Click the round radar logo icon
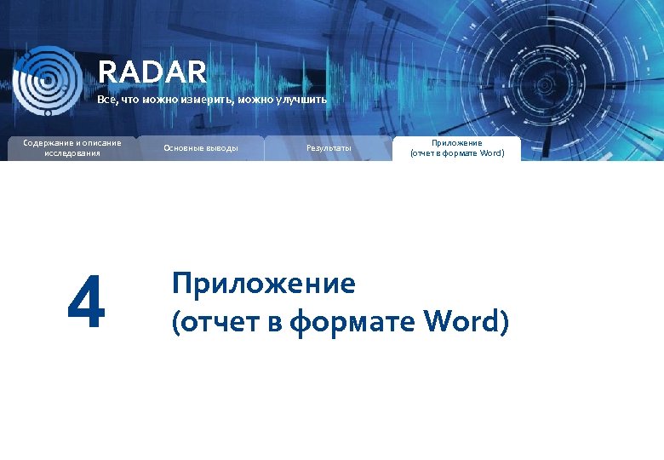(48, 80)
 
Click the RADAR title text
(152, 72)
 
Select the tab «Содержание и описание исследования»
(72, 147)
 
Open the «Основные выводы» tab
(201, 148)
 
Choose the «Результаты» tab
(329, 148)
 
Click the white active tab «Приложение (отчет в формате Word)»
(457, 148)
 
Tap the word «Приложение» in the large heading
(263, 283)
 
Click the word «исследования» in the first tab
(72, 153)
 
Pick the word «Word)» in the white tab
(491, 153)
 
